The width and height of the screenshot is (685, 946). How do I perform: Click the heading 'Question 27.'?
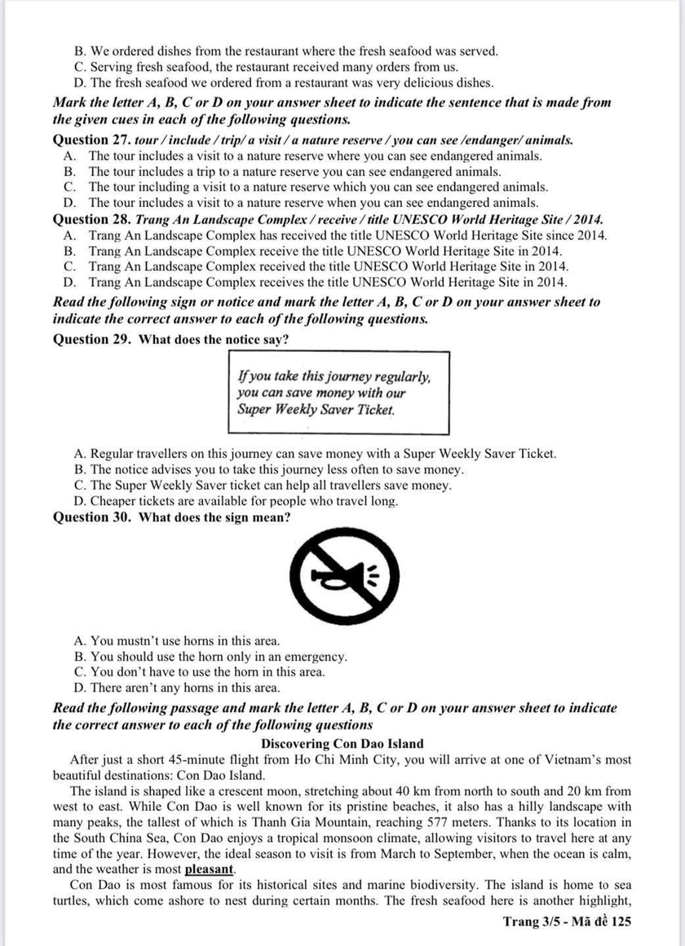(92, 139)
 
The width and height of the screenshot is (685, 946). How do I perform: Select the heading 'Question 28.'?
(92, 219)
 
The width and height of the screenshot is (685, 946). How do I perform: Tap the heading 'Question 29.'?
(92, 339)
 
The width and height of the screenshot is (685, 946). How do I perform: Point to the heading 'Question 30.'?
(92, 517)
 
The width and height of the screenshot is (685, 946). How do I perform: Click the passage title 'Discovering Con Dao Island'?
(342, 743)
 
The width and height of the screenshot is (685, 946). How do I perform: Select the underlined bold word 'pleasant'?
(210, 869)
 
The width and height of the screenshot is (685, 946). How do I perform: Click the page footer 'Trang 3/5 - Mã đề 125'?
(567, 922)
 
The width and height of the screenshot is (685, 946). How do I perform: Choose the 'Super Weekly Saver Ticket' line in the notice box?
(316, 409)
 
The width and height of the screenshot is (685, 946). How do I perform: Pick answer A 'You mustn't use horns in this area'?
(177, 640)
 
